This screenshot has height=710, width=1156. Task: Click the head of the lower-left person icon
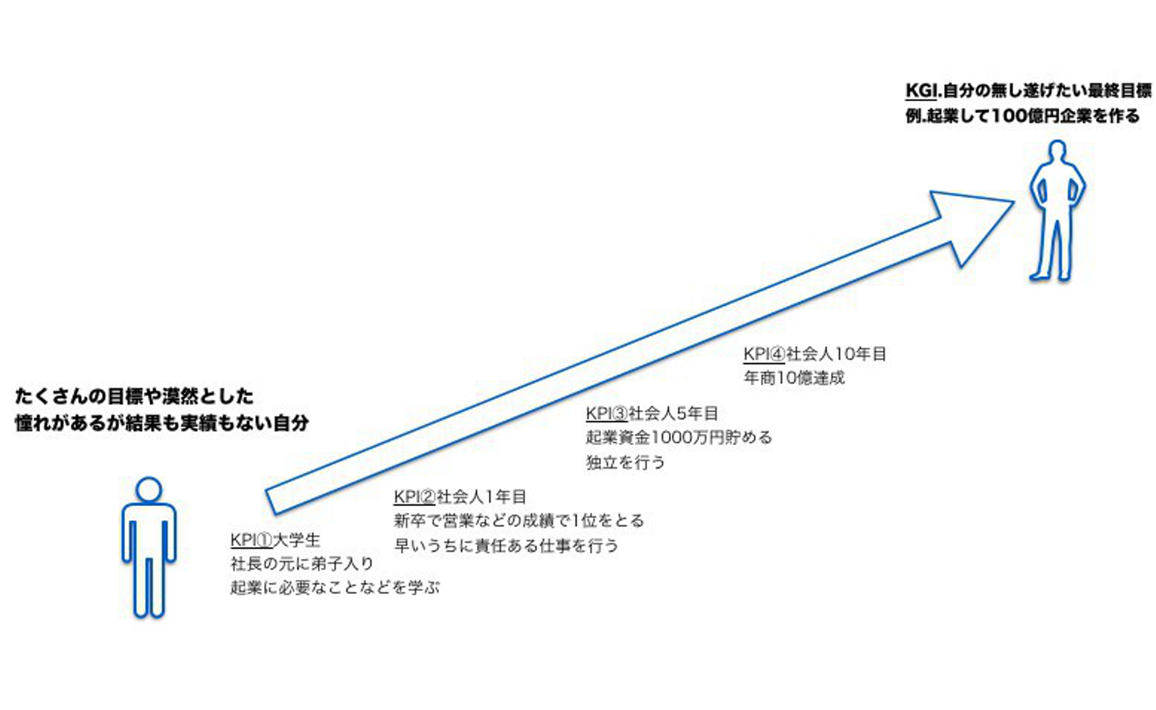tap(149, 490)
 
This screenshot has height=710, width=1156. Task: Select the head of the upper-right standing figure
tap(1058, 153)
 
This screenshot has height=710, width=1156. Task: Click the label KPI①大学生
tap(275, 540)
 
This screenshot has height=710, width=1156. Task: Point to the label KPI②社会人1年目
tap(460, 497)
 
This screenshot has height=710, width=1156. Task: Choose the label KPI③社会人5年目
tap(652, 414)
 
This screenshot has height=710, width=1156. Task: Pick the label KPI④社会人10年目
tap(815, 354)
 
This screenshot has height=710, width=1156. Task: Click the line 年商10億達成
tap(794, 377)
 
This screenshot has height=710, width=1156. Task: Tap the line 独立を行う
tap(625, 463)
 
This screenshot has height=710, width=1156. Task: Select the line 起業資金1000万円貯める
tap(678, 438)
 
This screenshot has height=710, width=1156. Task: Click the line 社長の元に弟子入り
tap(302, 564)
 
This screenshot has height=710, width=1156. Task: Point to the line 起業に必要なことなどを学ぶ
tap(335, 588)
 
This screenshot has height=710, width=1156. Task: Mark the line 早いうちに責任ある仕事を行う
tap(506, 546)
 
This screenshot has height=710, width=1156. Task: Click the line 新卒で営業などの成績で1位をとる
tap(519, 521)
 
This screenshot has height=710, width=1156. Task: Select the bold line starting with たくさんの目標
tap(134, 396)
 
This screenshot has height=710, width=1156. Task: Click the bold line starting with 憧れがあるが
tap(161, 422)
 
